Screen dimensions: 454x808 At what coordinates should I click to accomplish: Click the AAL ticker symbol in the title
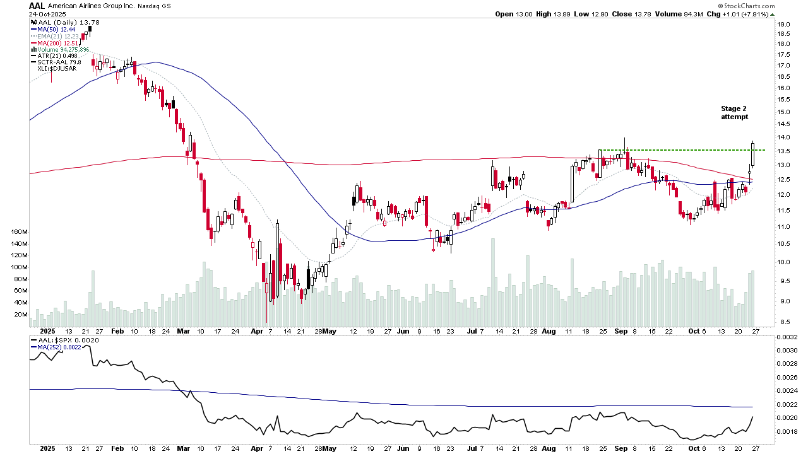37,6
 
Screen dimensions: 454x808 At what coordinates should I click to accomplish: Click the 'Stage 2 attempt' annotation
734,113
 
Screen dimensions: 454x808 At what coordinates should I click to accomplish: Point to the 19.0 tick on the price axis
784,25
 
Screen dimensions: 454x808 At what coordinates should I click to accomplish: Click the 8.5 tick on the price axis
783,322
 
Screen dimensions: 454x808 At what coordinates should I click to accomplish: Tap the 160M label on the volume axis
18,232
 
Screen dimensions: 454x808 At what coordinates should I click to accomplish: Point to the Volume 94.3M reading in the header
682,14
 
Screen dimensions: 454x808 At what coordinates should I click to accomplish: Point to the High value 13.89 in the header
554,14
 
